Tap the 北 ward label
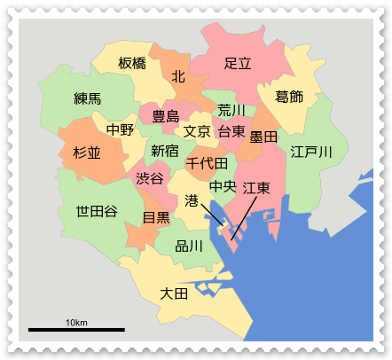tap(178, 77)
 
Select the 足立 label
tap(238, 63)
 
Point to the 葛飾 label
tap(289, 97)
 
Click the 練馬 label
tap(88, 98)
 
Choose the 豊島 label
tap(166, 115)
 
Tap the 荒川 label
tap(231, 110)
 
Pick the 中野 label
tap(120, 129)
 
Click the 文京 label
tap(196, 131)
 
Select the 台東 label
tap(231, 131)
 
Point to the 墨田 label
tap(263, 137)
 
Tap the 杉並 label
tap(87, 153)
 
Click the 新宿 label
tap(164, 151)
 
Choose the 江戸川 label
tap(311, 153)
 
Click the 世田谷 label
tap(96, 211)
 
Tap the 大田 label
tap(174, 293)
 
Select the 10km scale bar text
tap(75, 321)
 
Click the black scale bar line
tap(75, 330)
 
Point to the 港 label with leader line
tap(192, 201)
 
